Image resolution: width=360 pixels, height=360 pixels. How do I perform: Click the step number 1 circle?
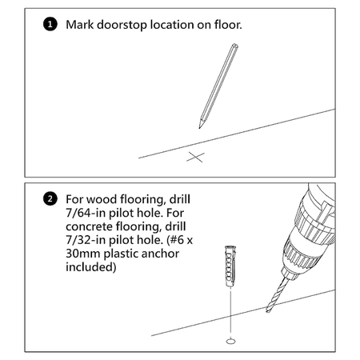(50, 24)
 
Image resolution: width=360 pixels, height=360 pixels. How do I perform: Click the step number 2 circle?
(50, 199)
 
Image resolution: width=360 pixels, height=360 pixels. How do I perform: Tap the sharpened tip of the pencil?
(199, 128)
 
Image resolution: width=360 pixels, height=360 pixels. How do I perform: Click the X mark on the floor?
(195, 157)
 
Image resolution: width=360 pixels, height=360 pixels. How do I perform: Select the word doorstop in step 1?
(122, 25)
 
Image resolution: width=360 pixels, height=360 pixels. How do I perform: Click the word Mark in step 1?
(80, 25)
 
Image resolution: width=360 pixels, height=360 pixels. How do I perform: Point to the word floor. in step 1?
(228, 25)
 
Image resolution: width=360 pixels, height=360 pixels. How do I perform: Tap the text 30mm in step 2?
(83, 254)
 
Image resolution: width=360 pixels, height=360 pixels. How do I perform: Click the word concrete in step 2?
(89, 226)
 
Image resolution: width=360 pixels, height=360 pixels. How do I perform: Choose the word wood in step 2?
(102, 199)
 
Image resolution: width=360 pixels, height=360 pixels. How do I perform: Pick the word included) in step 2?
(91, 267)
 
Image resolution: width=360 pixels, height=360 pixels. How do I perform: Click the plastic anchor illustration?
(230, 266)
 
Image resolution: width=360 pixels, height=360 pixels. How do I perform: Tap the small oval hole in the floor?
(231, 341)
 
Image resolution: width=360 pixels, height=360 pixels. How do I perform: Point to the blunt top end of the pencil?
(235, 46)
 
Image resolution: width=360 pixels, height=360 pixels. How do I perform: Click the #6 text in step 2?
(178, 240)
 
